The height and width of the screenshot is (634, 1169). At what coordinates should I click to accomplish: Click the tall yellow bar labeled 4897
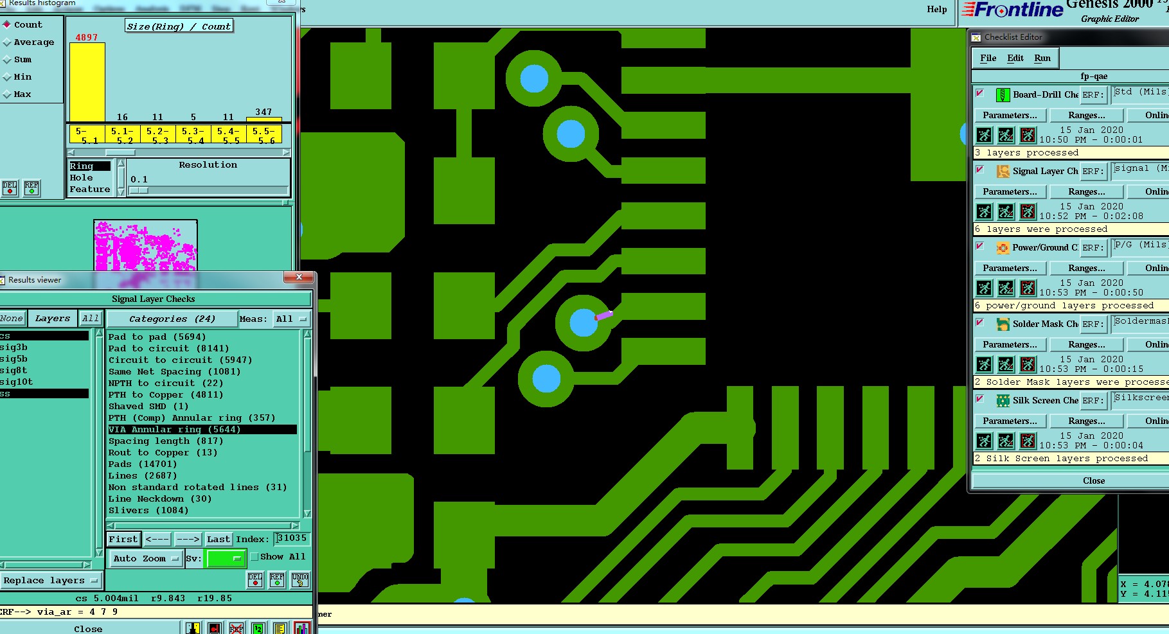point(87,82)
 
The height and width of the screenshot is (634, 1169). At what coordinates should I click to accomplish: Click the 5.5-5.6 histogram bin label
point(263,135)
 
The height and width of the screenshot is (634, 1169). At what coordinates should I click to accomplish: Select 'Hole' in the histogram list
point(82,178)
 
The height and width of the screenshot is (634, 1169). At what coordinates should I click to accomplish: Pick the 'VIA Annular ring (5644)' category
point(174,430)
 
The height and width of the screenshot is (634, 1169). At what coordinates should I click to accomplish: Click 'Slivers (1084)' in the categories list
point(148,511)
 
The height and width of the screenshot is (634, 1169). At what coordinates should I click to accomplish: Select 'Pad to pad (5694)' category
point(157,337)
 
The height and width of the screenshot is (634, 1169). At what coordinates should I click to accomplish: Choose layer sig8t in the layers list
point(13,371)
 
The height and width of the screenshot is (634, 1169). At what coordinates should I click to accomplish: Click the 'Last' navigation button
point(218,540)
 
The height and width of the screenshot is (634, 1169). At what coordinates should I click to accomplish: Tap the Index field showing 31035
point(292,538)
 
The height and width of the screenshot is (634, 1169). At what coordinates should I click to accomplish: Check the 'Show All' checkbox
point(254,557)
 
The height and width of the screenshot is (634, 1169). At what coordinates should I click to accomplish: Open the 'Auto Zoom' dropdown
point(145,559)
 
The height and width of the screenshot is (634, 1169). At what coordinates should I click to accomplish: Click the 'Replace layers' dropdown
point(50,581)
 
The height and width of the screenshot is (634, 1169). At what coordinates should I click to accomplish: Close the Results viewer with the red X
point(299,277)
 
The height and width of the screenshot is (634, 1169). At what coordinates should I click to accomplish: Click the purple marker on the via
point(603,315)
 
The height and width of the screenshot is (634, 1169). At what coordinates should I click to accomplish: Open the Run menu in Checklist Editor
point(1042,58)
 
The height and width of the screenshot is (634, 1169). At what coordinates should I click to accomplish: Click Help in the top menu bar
point(936,9)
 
